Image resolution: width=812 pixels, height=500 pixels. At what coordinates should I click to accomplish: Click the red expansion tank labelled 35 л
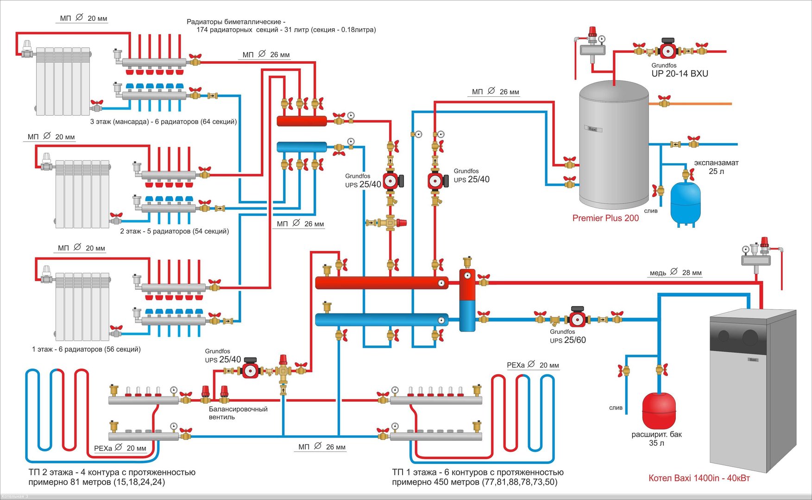click(659, 410)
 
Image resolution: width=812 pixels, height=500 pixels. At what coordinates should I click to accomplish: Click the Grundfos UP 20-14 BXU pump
click(667, 50)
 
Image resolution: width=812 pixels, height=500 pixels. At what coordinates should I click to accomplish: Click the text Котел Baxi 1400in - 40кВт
click(699, 478)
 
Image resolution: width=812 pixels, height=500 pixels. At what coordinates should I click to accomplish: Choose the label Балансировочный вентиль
click(238, 413)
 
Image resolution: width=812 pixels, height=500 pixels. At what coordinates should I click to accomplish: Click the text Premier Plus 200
click(605, 218)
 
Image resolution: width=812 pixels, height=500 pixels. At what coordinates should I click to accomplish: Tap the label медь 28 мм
click(675, 273)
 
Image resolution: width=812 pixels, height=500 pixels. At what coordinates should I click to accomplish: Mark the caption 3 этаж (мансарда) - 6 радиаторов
click(163, 122)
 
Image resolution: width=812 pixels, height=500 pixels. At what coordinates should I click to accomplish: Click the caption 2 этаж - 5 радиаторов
click(174, 231)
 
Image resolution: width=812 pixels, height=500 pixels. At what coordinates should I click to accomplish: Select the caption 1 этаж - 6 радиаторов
click(86, 349)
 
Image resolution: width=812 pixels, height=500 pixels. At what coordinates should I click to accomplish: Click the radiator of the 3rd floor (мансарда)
click(63, 81)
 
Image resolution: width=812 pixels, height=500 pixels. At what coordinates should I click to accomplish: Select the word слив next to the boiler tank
click(651, 211)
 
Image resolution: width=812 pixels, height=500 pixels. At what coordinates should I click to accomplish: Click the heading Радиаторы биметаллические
click(236, 22)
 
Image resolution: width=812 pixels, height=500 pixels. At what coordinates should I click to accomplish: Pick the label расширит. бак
click(656, 435)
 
